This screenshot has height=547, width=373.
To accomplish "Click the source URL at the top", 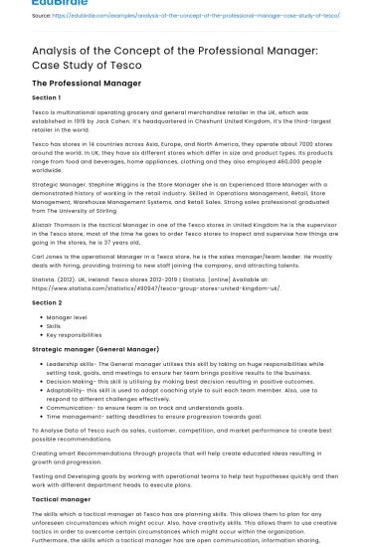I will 200,16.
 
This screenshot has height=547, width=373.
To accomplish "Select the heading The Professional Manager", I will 86,84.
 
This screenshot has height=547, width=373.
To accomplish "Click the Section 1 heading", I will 46,98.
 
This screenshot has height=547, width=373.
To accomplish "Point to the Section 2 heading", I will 46,302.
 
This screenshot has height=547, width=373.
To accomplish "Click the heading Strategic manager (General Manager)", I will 95,349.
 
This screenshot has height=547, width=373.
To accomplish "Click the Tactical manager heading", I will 62,499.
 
